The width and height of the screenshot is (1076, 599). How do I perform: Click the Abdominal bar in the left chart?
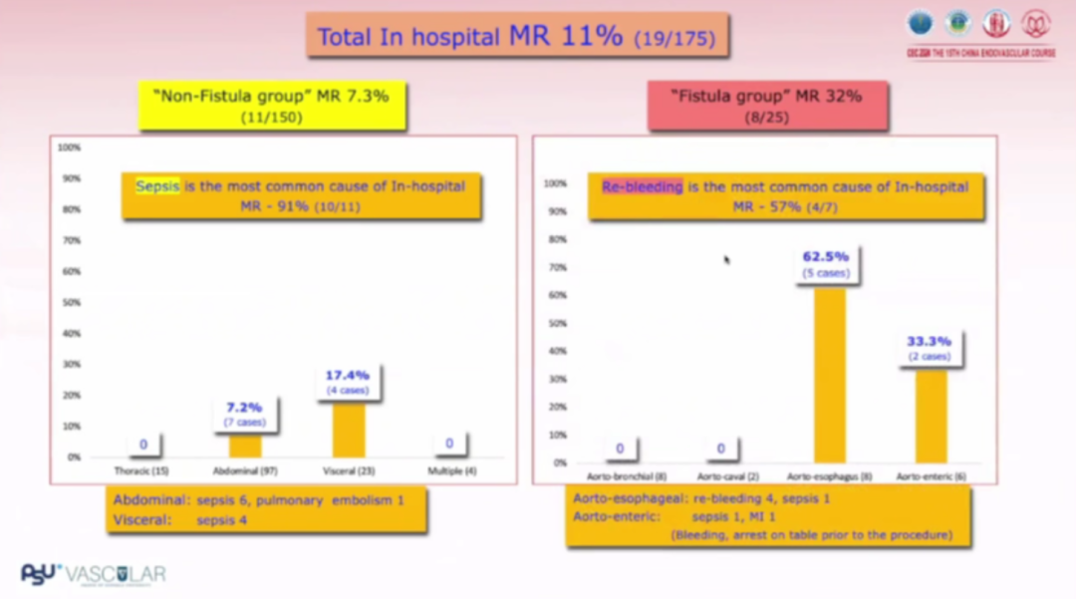click(246, 446)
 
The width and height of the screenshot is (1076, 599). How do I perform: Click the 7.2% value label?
click(244, 407)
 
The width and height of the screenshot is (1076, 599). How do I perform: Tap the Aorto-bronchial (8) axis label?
click(619, 477)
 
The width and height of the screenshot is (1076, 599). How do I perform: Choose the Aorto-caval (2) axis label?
click(721, 477)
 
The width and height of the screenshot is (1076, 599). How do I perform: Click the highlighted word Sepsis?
click(157, 185)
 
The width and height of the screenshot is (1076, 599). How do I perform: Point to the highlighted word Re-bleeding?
click(643, 186)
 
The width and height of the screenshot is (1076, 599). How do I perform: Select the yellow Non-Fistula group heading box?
click(272, 105)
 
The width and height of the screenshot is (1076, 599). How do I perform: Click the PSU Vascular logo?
click(94, 574)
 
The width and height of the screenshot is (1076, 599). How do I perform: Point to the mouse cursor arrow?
click(726, 259)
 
